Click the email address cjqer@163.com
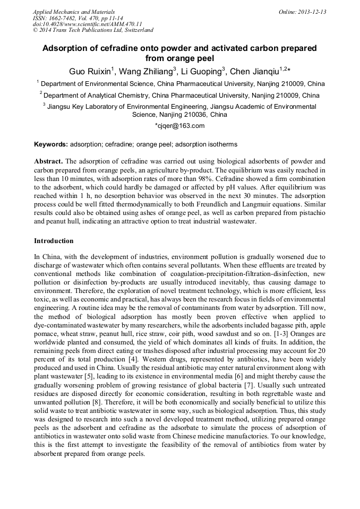pyautogui.click(x=180, y=126)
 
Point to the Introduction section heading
pyautogui.click(x=54, y=241)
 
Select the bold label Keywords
pyautogui.click(x=50, y=144)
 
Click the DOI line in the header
pyautogui.click(x=88, y=24)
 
